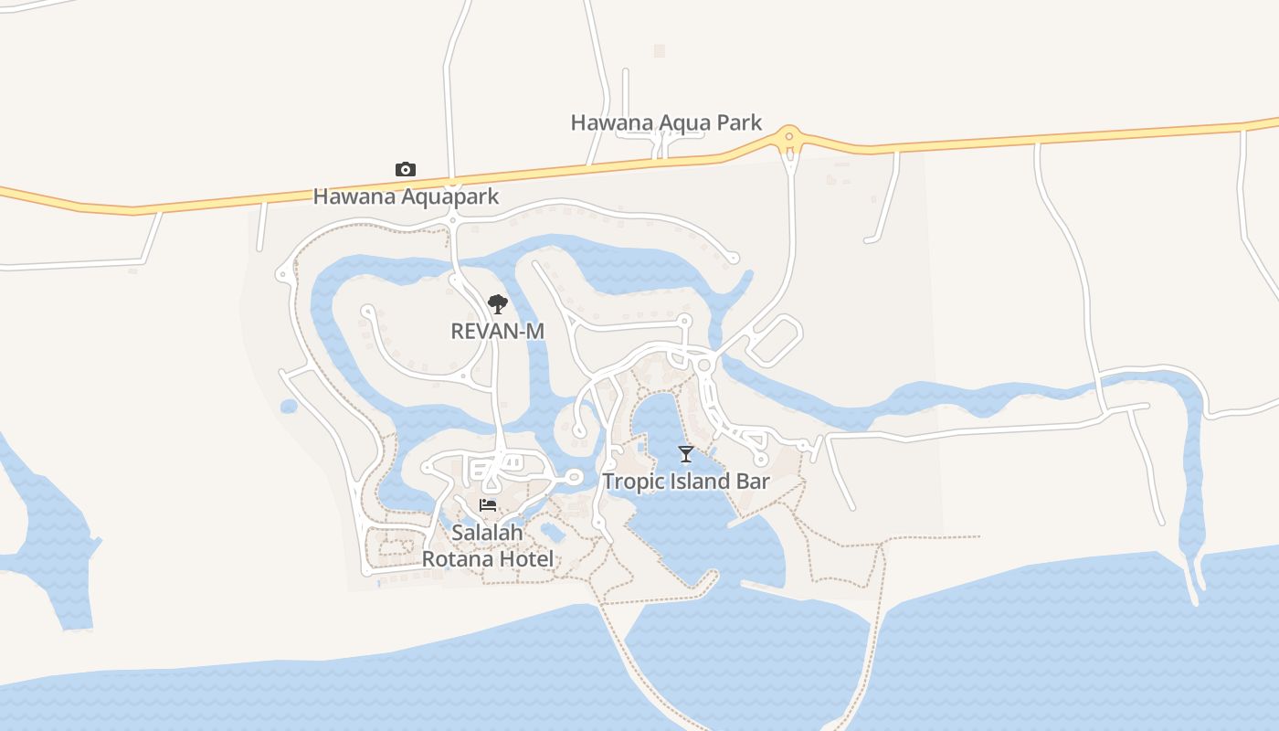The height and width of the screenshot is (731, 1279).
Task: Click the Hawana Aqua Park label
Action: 666,122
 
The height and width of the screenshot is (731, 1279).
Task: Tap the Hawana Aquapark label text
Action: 406,196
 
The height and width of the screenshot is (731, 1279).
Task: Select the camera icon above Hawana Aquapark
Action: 406,169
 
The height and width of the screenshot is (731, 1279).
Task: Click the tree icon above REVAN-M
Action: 497,304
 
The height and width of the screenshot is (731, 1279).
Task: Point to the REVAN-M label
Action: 497,331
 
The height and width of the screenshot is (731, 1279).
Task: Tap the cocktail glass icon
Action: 686,453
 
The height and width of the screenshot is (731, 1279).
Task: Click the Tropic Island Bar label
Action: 686,482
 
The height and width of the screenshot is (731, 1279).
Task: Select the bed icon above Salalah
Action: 488,505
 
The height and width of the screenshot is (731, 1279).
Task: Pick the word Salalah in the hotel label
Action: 488,532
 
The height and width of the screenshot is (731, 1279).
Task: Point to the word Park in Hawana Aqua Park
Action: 738,122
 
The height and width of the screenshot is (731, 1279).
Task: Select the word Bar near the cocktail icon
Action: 753,482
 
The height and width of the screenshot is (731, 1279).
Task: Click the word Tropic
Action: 631,482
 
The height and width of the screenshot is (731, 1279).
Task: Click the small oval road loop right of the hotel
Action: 573,477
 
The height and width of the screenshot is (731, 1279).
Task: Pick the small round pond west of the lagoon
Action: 289,406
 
